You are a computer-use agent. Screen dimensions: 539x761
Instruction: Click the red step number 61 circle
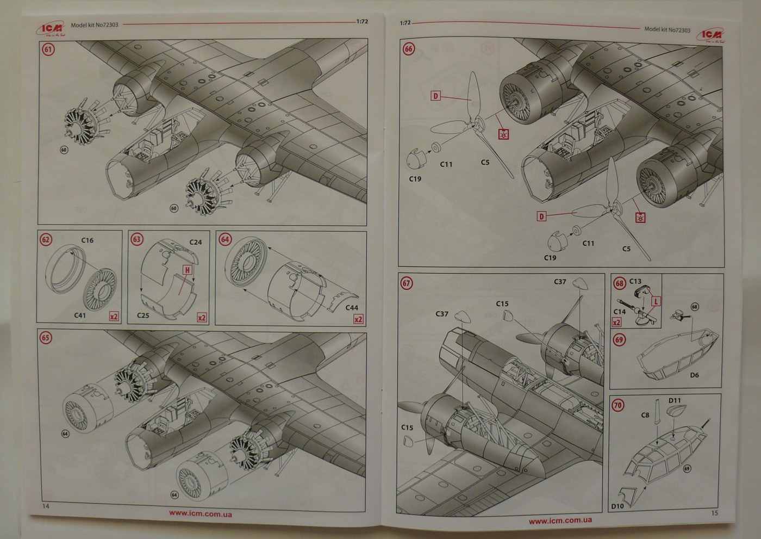coord(48,49)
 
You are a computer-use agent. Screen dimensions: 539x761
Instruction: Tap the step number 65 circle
coord(46,338)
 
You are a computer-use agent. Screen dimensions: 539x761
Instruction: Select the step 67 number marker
coord(406,283)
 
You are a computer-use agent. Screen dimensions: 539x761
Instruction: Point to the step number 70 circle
coord(618,405)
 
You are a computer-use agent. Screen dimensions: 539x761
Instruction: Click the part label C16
coord(87,240)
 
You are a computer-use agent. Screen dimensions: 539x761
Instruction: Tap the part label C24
coord(196,242)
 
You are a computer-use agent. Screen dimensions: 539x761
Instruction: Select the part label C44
coord(352,308)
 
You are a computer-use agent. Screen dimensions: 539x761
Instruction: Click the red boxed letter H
coord(188,270)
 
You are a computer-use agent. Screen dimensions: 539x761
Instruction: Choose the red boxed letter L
coord(656,301)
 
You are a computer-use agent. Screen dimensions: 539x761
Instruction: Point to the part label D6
coord(694,375)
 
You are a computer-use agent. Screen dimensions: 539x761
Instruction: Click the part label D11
coord(675,400)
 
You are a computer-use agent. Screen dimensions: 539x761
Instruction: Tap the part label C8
coord(645,415)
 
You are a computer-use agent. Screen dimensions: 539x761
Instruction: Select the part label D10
coord(617,506)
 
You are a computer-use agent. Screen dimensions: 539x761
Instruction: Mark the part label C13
coord(635,282)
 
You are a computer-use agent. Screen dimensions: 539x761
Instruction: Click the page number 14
coord(46,506)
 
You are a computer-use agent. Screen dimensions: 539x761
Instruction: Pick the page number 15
coord(714,513)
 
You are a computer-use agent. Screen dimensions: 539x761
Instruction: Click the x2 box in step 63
coord(202,318)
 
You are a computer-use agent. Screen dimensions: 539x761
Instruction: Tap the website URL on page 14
coord(200,513)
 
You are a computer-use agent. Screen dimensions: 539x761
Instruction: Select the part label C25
coord(143,315)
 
